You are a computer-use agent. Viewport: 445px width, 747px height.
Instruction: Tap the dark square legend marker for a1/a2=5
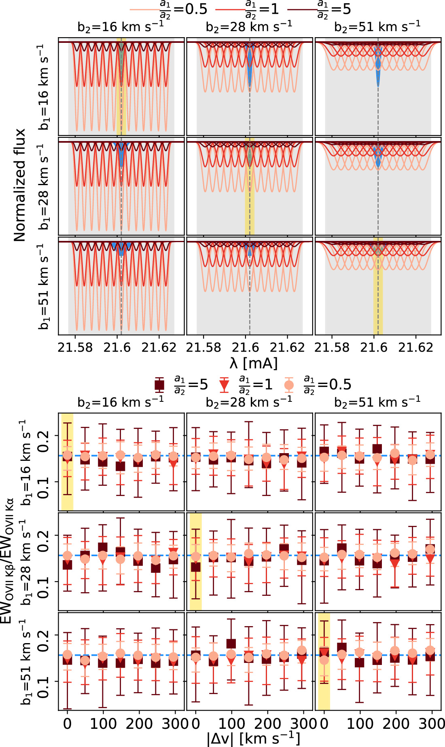[159, 384]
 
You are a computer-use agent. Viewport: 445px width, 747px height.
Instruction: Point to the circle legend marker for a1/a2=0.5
[289, 384]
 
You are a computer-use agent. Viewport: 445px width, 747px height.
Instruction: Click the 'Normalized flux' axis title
[19, 185]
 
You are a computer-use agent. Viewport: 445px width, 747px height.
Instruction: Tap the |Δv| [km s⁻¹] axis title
[254, 738]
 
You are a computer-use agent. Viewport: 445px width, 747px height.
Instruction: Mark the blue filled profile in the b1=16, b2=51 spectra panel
[378, 65]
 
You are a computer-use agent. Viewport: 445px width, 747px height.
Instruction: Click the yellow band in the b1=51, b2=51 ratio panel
[324, 662]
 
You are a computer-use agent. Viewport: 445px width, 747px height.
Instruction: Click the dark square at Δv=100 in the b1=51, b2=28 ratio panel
[231, 644]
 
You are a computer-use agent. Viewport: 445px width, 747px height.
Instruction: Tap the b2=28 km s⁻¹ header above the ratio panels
[249, 402]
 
